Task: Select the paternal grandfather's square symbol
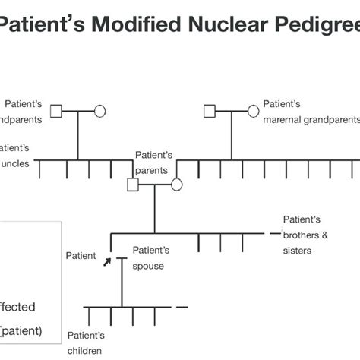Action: click(55, 112)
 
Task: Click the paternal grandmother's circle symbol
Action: click(99, 112)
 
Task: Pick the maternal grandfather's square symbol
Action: click(210, 112)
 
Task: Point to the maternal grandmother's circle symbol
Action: click(253, 112)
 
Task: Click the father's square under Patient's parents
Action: click(133, 185)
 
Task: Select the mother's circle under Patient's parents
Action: click(176, 185)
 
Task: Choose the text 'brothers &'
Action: click(305, 235)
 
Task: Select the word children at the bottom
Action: click(84, 350)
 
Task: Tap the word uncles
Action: click(16, 163)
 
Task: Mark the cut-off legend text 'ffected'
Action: click(17, 307)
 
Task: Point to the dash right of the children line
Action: click(182, 307)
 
